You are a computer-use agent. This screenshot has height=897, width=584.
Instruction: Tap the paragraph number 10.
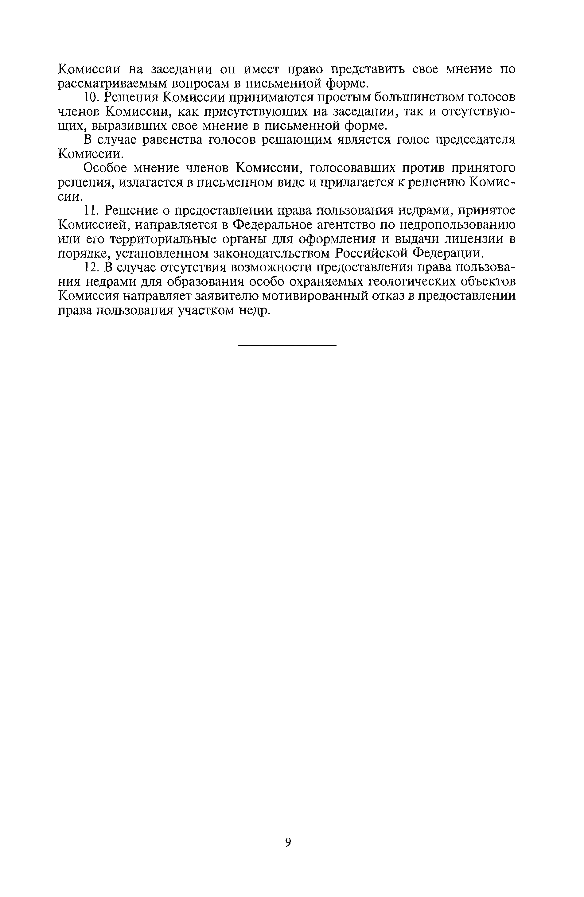pyautogui.click(x=91, y=98)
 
